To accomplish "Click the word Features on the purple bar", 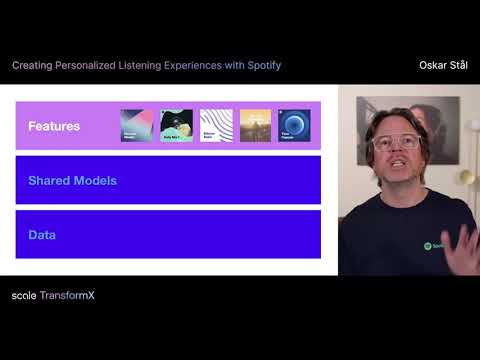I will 54,126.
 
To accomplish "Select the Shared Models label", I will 73,181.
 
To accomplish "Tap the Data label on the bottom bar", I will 42,235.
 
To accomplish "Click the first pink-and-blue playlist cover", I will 135,125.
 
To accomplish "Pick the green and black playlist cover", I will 177,125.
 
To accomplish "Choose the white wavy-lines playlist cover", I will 216,125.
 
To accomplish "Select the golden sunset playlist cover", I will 255,125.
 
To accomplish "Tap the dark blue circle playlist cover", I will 294,125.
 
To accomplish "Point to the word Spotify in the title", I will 262,65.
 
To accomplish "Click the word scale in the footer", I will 24,296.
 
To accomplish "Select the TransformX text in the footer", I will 68,296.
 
